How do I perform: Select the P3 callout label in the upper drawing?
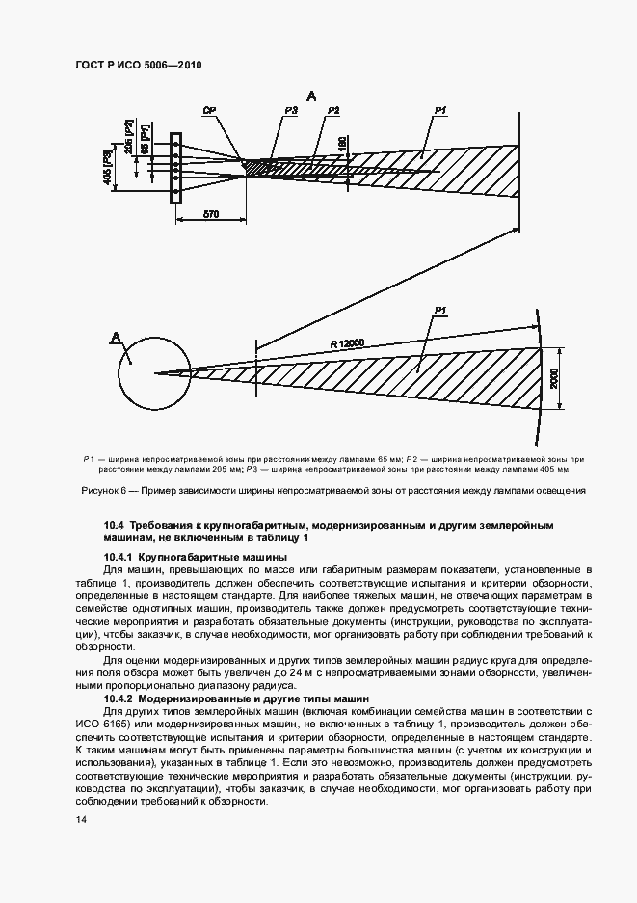pos(291,113)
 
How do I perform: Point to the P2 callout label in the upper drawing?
pos(333,113)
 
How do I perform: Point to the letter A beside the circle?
pos(116,336)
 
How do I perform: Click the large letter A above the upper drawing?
pos(311,95)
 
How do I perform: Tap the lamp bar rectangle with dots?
pos(175,168)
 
